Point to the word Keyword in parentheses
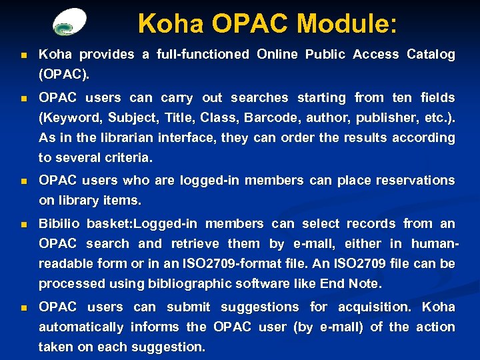pyautogui.click(x=70, y=118)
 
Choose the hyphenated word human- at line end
pyautogui.click(x=433, y=244)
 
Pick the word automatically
pyautogui.click(x=81, y=327)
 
